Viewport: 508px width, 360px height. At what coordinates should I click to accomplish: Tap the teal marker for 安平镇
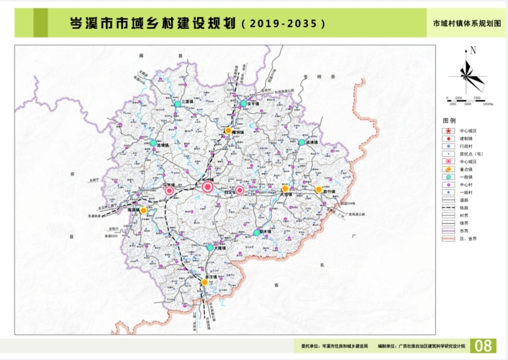pos(244,103)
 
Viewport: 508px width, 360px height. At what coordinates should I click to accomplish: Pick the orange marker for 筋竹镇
pos(318,190)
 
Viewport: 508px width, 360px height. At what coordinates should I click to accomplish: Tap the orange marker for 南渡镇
pos(143,210)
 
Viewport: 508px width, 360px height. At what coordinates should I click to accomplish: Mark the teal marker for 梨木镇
pos(257,233)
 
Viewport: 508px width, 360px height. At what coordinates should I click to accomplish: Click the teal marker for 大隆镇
pos(209,248)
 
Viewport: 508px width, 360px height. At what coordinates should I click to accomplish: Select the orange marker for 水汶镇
pos(205,283)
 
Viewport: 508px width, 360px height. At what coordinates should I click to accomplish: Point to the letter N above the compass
pos(473,50)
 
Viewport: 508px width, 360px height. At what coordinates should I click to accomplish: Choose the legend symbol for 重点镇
pos(449,168)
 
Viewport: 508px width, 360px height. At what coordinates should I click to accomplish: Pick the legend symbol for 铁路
pos(449,207)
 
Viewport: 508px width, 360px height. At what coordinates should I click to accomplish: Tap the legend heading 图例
pos(449,121)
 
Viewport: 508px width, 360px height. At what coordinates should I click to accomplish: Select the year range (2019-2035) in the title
pos(284,23)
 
